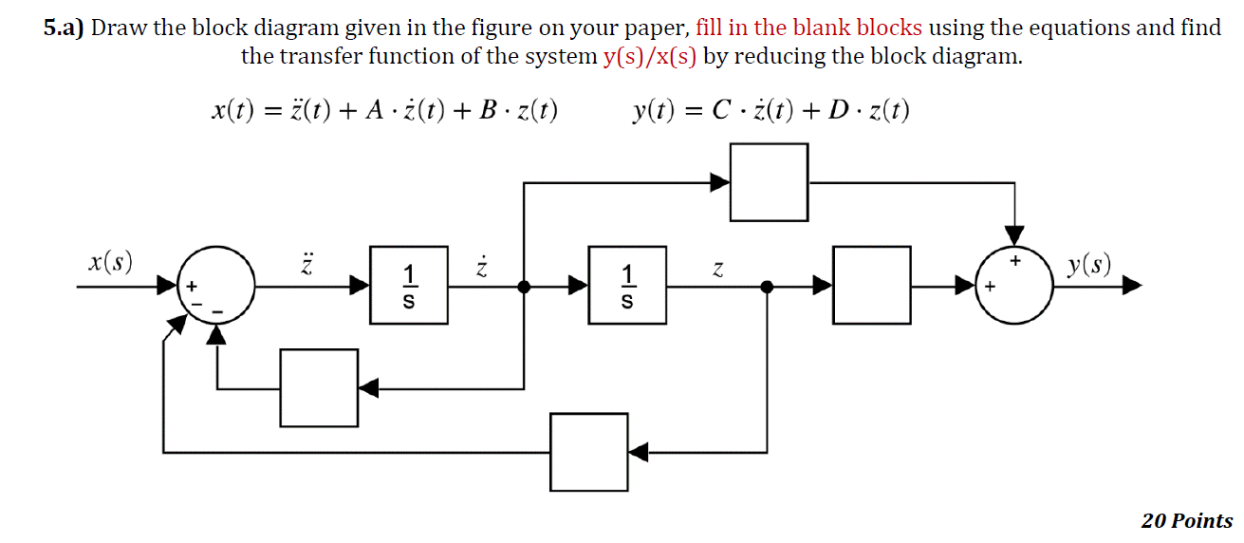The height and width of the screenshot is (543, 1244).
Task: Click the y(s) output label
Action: [x=1087, y=264]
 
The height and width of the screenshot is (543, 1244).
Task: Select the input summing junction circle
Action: [x=215, y=285]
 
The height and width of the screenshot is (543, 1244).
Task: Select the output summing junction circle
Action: [x=1015, y=285]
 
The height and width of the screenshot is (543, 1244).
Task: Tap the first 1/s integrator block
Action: [x=409, y=285]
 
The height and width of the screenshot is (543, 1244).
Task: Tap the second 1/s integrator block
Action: [x=626, y=285]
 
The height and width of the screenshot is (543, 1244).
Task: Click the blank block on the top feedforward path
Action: [x=769, y=182]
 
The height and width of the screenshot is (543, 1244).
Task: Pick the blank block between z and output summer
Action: [x=871, y=285]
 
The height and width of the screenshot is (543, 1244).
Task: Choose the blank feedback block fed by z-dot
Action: [x=319, y=387]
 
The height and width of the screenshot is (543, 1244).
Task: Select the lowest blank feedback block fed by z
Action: [x=589, y=452]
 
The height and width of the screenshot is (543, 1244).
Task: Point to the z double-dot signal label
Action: [x=306, y=263]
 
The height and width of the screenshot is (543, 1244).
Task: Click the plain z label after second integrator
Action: [x=717, y=271]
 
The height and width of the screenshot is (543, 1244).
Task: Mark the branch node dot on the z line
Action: [x=767, y=285]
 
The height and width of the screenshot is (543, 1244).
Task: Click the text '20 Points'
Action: [x=1186, y=520]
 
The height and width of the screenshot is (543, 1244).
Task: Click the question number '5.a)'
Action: [x=64, y=28]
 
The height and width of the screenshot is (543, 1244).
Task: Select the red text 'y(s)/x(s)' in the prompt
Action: [x=649, y=56]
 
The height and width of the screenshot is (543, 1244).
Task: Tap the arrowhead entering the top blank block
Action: [x=720, y=182]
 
